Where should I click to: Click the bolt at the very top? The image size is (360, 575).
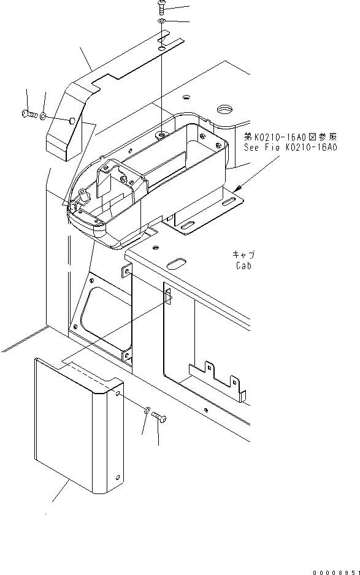161,7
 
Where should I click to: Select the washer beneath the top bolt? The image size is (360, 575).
161,22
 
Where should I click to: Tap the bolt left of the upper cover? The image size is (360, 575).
26,113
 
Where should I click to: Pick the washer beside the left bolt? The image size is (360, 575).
44,115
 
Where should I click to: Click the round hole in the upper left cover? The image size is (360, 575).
73,121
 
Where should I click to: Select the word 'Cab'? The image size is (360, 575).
243,266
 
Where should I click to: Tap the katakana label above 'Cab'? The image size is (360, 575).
243,254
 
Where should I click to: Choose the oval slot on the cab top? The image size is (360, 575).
174,264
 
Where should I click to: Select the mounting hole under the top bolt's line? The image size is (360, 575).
160,134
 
